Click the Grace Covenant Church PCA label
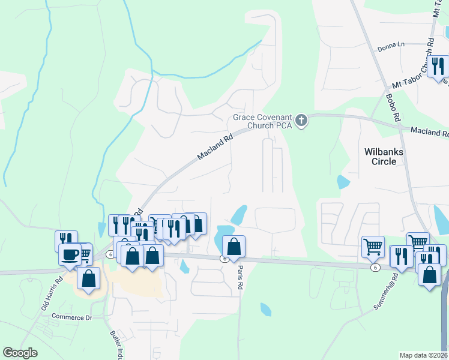coord(262,121)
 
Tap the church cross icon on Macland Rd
coord(302,121)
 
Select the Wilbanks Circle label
coord(384,157)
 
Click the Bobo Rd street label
coord(393,108)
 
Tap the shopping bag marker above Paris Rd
coord(234,246)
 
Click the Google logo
coord(20,353)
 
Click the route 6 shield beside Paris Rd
coord(223,259)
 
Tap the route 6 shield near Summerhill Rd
coord(375,268)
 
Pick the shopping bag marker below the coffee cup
coord(89,279)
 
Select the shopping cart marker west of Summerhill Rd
coord(373,246)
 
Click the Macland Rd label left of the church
coord(215,148)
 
